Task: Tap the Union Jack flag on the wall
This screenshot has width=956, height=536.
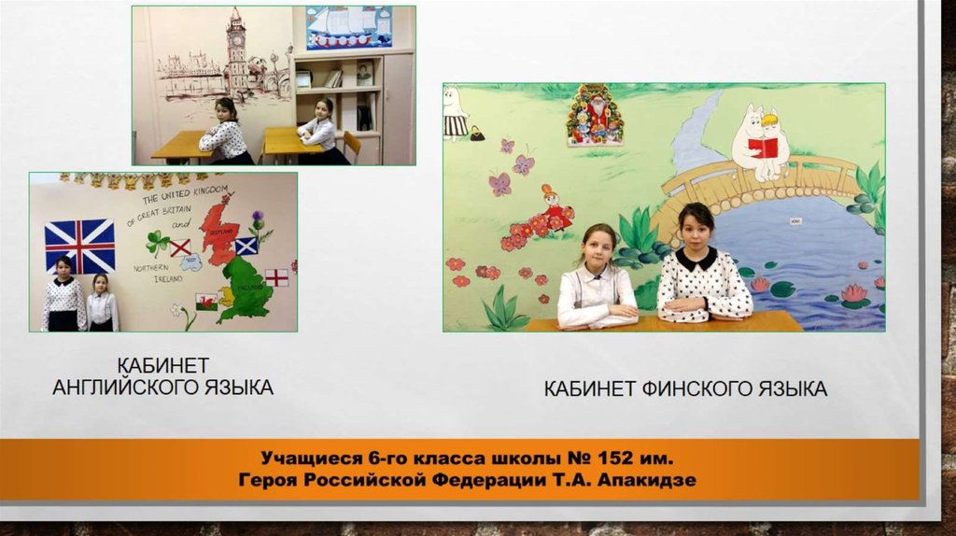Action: [x=80, y=246]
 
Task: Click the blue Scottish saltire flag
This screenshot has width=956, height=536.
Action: [x=246, y=247]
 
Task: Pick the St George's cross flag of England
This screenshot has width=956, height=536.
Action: [x=276, y=277]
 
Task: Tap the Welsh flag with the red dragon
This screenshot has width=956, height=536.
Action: [x=206, y=301]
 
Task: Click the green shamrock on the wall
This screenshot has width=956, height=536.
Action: [x=158, y=242]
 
